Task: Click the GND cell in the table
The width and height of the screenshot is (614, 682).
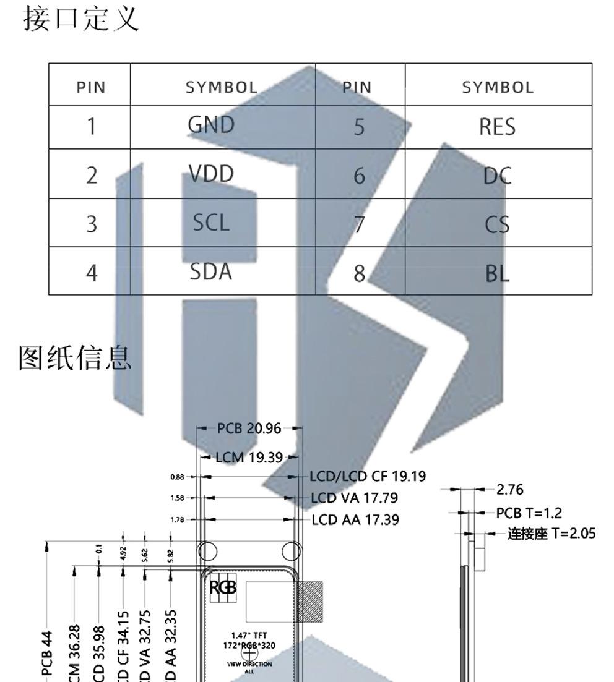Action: [x=211, y=126]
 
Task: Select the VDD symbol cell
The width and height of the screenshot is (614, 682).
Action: [x=211, y=174]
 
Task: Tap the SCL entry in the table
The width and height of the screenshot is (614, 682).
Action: [x=211, y=223]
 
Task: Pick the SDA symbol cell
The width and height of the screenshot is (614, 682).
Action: [x=211, y=271]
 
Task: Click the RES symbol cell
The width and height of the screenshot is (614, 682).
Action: [x=497, y=127]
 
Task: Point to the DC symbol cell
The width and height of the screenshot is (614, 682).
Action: [x=497, y=176]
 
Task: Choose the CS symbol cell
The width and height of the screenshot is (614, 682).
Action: [x=497, y=224]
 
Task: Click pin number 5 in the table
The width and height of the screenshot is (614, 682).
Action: [x=359, y=127]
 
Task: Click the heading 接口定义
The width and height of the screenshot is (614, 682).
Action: [x=81, y=19]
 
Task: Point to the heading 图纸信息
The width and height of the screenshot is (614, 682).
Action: [x=76, y=357]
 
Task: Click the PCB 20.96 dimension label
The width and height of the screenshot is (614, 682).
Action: [x=249, y=428]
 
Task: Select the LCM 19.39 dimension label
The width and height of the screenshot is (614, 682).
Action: [x=249, y=458]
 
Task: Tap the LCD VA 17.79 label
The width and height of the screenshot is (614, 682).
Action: [x=354, y=498]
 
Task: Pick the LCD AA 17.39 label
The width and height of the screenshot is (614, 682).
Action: [x=355, y=520]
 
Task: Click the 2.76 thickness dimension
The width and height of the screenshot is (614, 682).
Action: [x=510, y=490]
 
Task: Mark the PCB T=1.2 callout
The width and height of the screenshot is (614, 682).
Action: [x=529, y=513]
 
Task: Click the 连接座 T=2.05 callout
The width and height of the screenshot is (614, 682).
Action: [x=551, y=533]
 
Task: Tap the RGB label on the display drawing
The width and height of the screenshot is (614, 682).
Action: [x=223, y=588]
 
